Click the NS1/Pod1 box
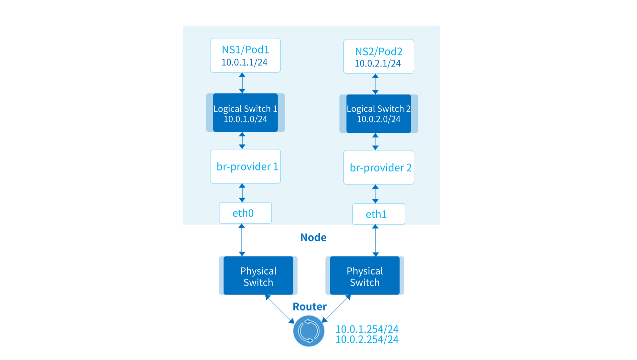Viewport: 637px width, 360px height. coord(245,55)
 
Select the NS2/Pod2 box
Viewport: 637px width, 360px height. coord(378,56)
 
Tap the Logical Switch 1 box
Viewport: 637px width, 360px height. coord(245,113)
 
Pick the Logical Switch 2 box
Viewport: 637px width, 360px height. coord(378,114)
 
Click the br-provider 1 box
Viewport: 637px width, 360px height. coord(245,166)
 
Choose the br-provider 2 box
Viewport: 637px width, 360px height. coord(378,167)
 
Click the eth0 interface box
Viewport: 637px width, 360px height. coord(245,213)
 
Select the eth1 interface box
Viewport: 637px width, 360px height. coord(378,214)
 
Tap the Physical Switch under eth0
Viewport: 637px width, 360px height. coord(258,275)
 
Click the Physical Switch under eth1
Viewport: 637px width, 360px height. coord(365,275)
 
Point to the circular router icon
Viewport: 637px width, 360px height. coord(308,331)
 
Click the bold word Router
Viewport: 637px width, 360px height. coord(309,307)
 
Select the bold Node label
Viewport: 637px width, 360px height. coord(313,237)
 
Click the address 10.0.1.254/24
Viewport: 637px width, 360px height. coord(367,329)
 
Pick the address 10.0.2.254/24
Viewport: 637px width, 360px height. coord(367,340)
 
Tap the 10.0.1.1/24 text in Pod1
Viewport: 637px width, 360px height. coord(244,62)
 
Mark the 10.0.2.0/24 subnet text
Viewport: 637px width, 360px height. coord(378,119)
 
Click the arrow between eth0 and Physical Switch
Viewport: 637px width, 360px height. coord(242,240)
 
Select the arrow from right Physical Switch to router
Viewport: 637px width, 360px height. coord(336,309)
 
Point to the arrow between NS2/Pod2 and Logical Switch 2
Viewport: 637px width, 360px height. coord(375,84)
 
